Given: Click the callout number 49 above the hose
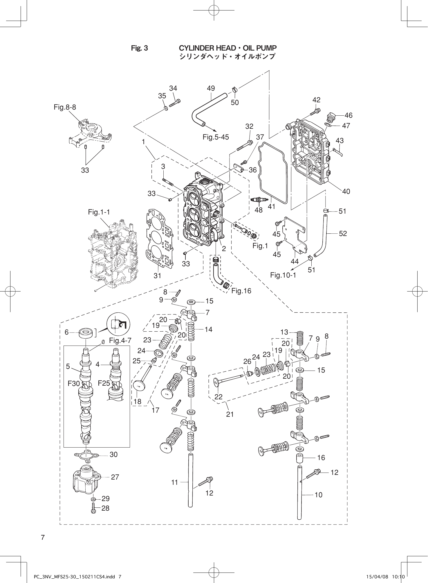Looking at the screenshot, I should [211, 88].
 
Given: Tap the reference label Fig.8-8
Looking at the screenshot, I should [65, 107].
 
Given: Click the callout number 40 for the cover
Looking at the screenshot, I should [346, 191].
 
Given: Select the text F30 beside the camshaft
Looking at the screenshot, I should [74, 383].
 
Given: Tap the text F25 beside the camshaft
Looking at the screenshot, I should [104, 383].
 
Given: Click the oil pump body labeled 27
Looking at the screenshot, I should [86, 481].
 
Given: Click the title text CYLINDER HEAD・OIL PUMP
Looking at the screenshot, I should [227, 48].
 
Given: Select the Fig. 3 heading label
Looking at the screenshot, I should [139, 48].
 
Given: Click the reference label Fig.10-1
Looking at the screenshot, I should [283, 275].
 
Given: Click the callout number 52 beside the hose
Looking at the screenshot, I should [343, 233].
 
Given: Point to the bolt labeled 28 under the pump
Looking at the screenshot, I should [93, 508].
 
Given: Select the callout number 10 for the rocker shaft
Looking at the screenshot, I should [318, 495].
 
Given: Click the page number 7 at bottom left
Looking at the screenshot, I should [43, 537].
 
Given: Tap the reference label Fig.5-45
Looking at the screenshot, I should [216, 137].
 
